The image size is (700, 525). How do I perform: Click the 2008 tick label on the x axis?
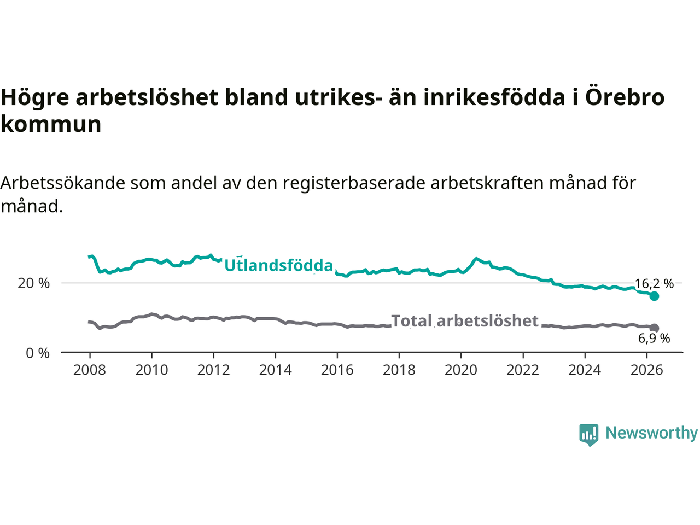[89, 370]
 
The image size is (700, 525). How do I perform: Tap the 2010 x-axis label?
[151, 370]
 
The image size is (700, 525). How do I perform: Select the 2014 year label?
[275, 370]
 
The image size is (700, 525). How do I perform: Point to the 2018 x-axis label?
[399, 370]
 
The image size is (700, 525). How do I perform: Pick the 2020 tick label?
[461, 370]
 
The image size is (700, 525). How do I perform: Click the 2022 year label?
[523, 370]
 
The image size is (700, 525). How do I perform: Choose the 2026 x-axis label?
[647, 370]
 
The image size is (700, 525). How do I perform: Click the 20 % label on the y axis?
[33, 283]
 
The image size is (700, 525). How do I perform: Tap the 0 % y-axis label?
[38, 353]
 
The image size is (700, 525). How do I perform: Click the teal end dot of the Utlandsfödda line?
[654, 296]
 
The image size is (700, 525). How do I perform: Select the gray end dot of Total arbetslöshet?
[654, 328]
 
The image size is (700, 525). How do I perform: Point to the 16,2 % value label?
[654, 283]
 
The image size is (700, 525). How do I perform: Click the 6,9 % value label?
[654, 338]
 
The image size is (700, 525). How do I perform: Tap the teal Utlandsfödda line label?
[279, 265]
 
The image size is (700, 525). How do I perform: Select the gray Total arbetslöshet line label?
[465, 320]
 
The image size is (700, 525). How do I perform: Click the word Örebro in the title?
[625, 97]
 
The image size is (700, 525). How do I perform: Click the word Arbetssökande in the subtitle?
[63, 183]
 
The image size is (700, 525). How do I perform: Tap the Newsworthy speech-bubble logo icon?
[588, 435]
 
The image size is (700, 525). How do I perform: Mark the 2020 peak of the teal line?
[476, 259]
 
